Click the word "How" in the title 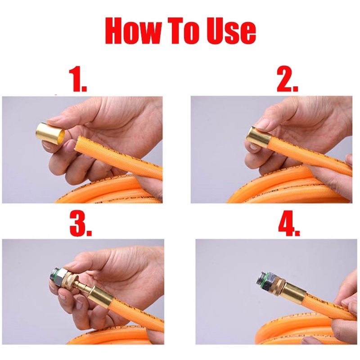click(x=132, y=31)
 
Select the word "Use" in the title click(x=230, y=31)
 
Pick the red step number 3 click(x=81, y=223)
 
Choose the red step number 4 click(x=288, y=223)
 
